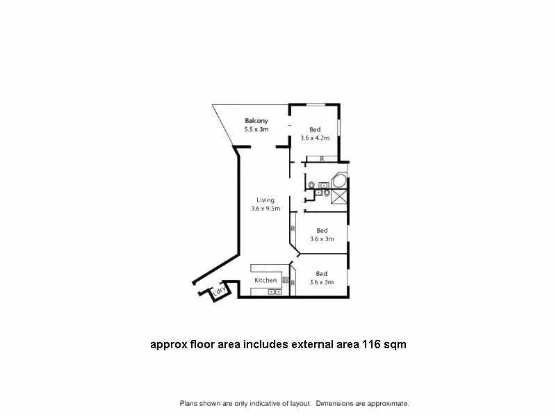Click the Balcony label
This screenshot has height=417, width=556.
pos(256,121)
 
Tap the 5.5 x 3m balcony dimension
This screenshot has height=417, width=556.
pos(256,129)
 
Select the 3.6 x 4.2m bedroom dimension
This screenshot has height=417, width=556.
pos(315,138)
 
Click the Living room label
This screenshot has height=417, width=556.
pos(265,200)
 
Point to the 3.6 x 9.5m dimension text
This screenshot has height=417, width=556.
pos(265,208)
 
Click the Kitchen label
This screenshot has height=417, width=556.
pos(265,280)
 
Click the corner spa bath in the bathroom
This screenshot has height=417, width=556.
pos(340,181)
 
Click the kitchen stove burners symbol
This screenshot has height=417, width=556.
pos(285,280)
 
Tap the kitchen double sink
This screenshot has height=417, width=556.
pos(275,292)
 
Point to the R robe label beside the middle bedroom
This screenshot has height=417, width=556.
pos(293,228)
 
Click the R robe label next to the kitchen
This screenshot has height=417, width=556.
pos(293,283)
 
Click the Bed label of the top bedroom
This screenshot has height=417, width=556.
pos(315,130)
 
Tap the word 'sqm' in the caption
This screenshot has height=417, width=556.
pos(394,344)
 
